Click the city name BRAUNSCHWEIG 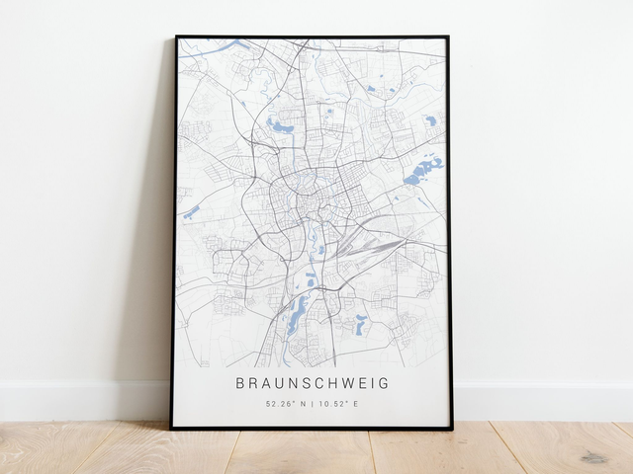tap(313, 383)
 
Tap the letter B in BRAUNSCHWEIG tap(241, 383)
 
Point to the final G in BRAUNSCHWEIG tap(385, 383)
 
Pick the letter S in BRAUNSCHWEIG tap(301, 383)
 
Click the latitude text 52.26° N tap(285, 404)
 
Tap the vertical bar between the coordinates tap(313, 404)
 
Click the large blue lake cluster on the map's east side tap(422, 171)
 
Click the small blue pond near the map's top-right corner tap(431, 120)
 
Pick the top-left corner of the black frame tap(176, 37)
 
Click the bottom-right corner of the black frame tap(451, 429)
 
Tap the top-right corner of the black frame tap(448, 38)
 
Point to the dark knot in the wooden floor tap(593, 457)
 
